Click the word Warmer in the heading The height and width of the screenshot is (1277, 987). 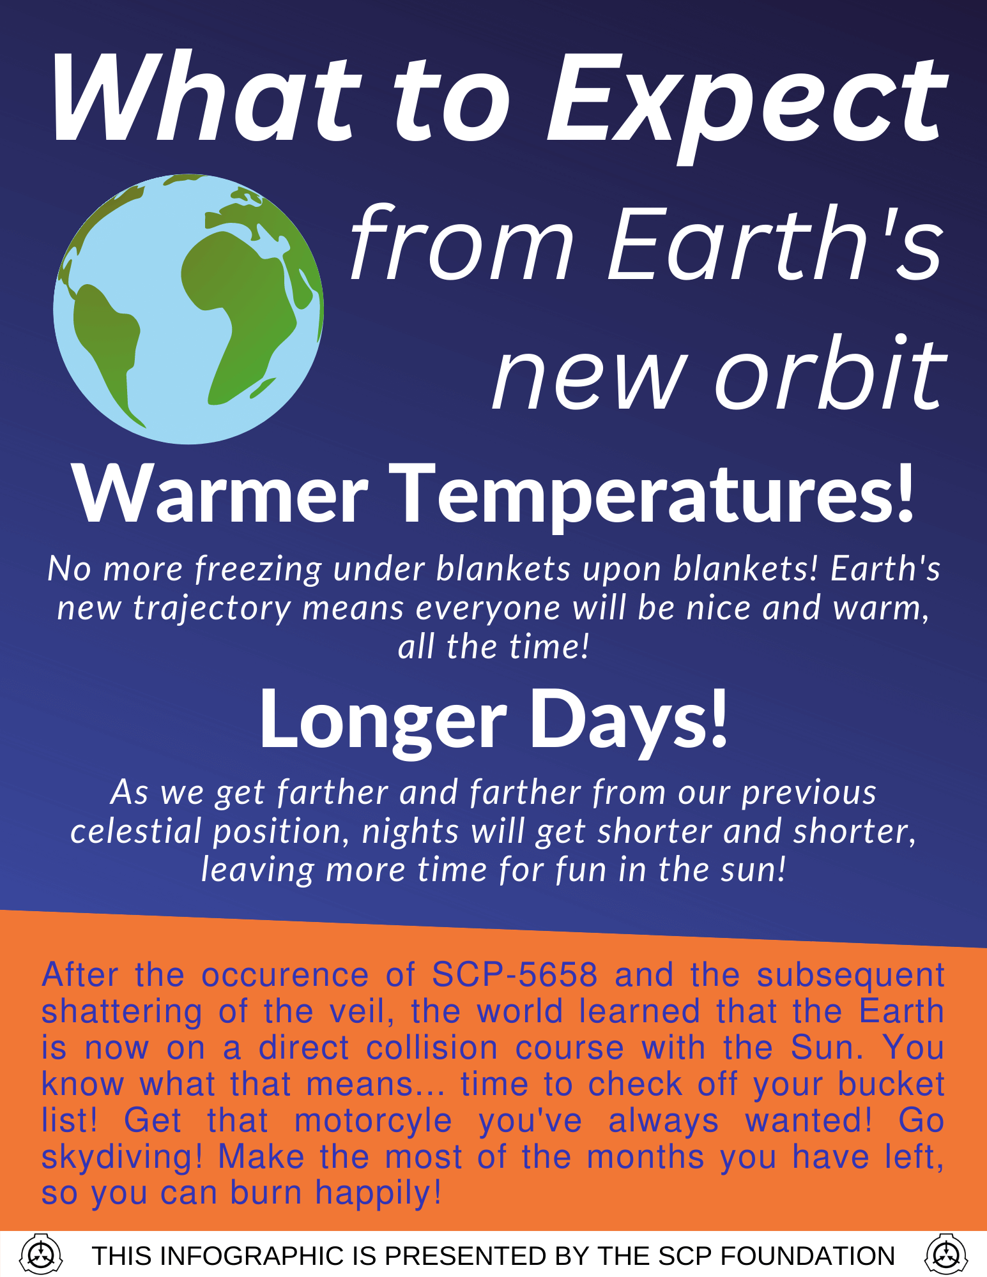[220, 495]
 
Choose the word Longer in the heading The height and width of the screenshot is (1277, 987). [383, 720]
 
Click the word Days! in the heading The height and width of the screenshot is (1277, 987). [629, 720]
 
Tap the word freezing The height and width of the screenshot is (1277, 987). [259, 568]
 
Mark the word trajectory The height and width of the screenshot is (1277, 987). [212, 608]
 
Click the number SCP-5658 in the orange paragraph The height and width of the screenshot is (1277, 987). [514, 975]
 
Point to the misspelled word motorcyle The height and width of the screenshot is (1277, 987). [374, 1121]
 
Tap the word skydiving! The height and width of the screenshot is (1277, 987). [121, 1157]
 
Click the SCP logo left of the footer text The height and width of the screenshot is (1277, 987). [42, 1255]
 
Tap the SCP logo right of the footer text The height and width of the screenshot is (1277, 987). [946, 1255]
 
